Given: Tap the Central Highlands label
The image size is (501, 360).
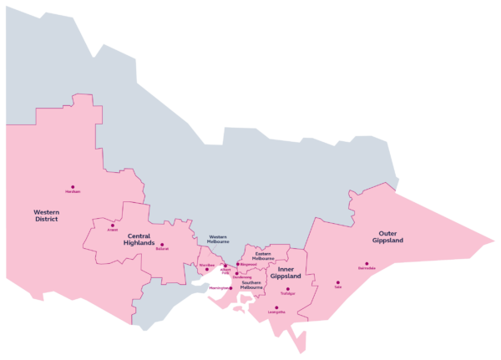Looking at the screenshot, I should (x=139, y=240).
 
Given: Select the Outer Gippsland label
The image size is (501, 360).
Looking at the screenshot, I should (x=388, y=236).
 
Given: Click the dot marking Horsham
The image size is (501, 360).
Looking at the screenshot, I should (x=73, y=187).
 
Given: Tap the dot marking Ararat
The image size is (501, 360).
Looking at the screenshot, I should (x=112, y=225).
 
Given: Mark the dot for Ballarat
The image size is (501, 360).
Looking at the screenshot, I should (x=162, y=245).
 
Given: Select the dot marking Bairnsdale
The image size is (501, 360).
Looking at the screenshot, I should (x=367, y=264).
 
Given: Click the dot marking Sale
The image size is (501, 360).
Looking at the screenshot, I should (x=338, y=282).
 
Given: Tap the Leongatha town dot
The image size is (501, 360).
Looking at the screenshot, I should (x=276, y=307).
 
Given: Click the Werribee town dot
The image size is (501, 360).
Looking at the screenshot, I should (x=207, y=269).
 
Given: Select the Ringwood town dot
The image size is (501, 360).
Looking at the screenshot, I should (x=237, y=264).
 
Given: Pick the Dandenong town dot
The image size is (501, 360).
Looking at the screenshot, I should (x=236, y=273).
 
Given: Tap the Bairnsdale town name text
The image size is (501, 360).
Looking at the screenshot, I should (x=367, y=269).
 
